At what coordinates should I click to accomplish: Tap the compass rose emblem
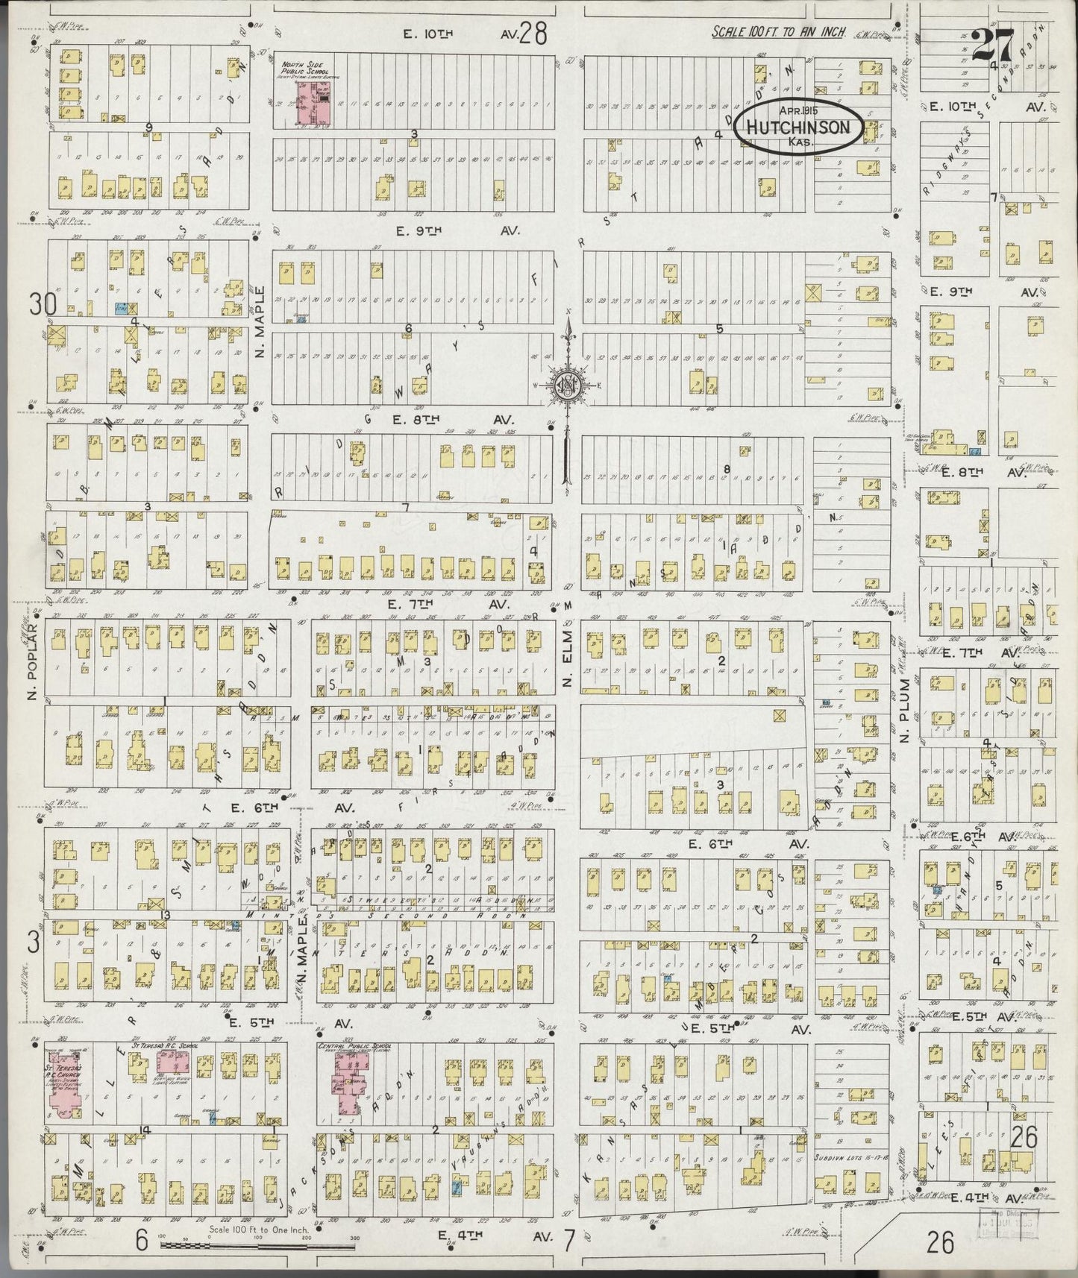[x=568, y=385]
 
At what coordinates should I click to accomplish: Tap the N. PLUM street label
[x=905, y=709]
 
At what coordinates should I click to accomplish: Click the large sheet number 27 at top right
[x=992, y=49]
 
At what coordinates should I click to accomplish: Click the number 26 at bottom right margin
[x=941, y=1241]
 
